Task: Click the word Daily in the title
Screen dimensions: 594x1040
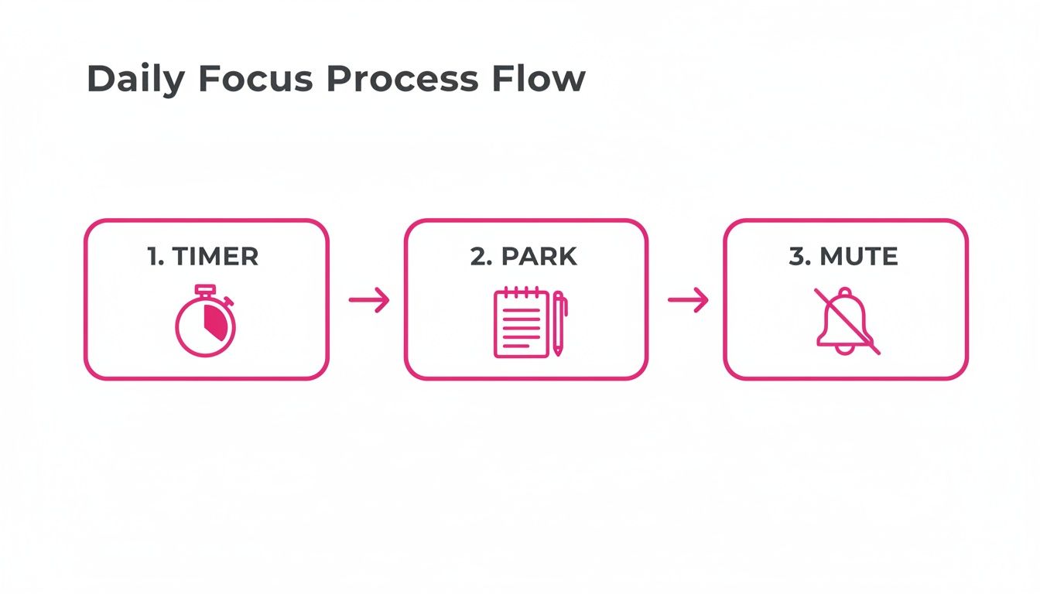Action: pyautogui.click(x=132, y=80)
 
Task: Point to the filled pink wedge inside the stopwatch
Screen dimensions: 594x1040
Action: pyautogui.click(x=217, y=323)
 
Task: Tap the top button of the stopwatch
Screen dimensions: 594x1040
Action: pyautogui.click(x=204, y=290)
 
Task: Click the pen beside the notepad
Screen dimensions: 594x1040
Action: pyautogui.click(x=558, y=323)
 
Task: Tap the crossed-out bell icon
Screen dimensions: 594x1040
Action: pyautogui.click(x=846, y=321)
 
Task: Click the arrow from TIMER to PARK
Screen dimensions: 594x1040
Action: pyautogui.click(x=369, y=300)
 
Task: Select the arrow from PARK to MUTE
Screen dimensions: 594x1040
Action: pyautogui.click(x=688, y=300)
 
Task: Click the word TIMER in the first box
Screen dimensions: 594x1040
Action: pyautogui.click(x=214, y=256)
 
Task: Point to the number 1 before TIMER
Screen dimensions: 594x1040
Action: pyautogui.click(x=152, y=256)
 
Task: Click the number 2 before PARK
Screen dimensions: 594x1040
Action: pyautogui.click(x=478, y=256)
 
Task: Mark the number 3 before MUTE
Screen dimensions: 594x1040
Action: pyautogui.click(x=796, y=256)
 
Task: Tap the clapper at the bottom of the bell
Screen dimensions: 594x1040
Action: pyautogui.click(x=845, y=350)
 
